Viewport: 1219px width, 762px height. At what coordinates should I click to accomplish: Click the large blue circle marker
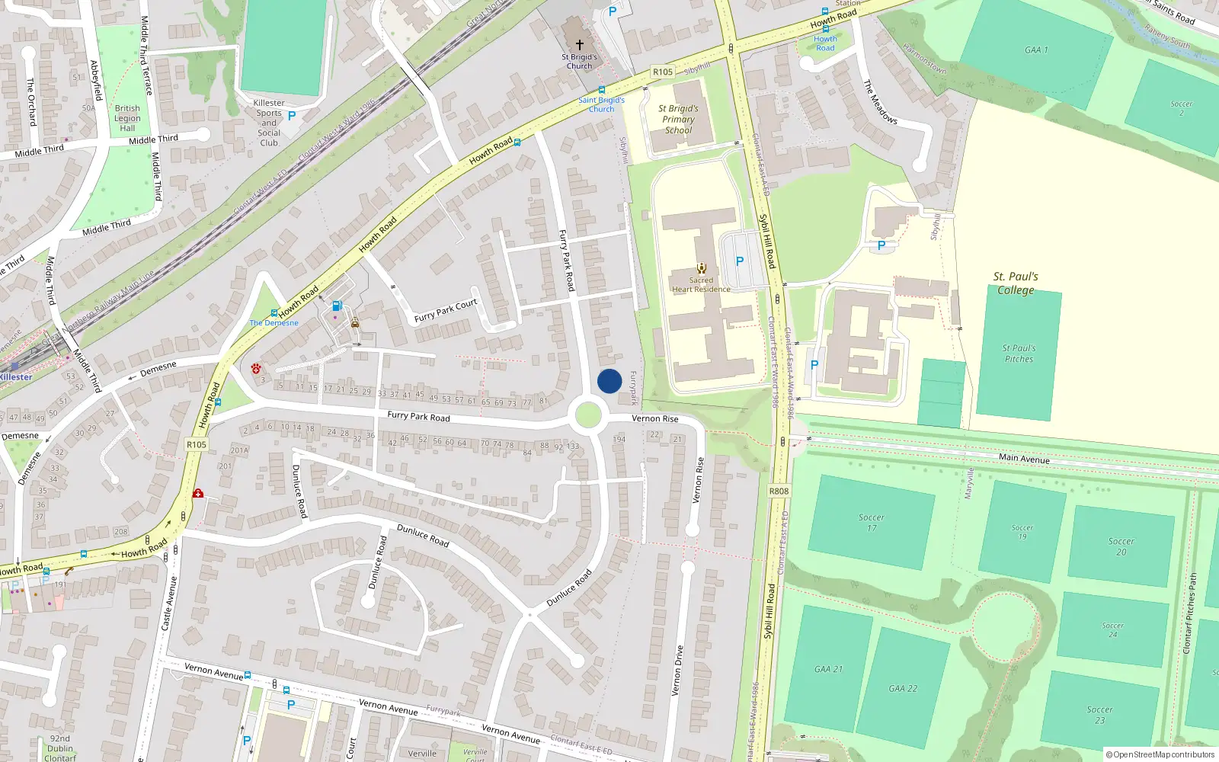click(609, 381)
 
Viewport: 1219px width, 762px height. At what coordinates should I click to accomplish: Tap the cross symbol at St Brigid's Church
click(580, 45)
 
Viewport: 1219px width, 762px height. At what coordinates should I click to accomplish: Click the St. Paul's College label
click(1016, 283)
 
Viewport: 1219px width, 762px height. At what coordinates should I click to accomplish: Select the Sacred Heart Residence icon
click(701, 268)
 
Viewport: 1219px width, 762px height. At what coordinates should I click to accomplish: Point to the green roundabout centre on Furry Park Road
click(587, 416)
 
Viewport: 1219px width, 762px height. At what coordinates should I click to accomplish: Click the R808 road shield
click(779, 491)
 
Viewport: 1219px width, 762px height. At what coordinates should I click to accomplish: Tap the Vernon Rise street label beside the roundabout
click(654, 418)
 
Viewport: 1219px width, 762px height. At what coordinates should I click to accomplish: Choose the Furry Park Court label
click(446, 310)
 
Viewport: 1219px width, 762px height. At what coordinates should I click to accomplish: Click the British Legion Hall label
click(127, 118)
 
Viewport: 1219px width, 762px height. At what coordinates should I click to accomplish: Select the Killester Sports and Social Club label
click(269, 123)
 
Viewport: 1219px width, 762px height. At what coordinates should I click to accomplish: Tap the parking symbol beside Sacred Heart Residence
click(739, 261)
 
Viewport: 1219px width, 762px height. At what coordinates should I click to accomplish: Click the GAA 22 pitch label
click(903, 689)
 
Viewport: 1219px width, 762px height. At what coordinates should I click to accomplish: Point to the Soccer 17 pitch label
click(871, 522)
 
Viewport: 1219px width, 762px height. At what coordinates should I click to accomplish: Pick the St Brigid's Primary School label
click(678, 120)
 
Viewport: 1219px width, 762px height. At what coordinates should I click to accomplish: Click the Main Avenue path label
click(1024, 458)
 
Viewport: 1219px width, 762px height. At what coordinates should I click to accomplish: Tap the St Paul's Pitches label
click(1019, 354)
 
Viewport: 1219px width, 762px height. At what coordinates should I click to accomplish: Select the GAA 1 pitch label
click(1036, 50)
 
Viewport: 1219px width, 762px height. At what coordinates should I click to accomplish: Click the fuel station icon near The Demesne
click(337, 306)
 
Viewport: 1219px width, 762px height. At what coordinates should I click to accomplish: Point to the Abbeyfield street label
click(96, 80)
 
